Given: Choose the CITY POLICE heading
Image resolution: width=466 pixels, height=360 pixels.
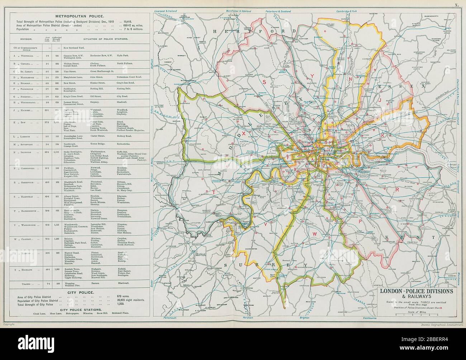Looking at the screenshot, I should pyautogui.click(x=80, y=293).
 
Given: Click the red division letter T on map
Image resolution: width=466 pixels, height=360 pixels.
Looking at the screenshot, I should pyautogui.click(x=214, y=193).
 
